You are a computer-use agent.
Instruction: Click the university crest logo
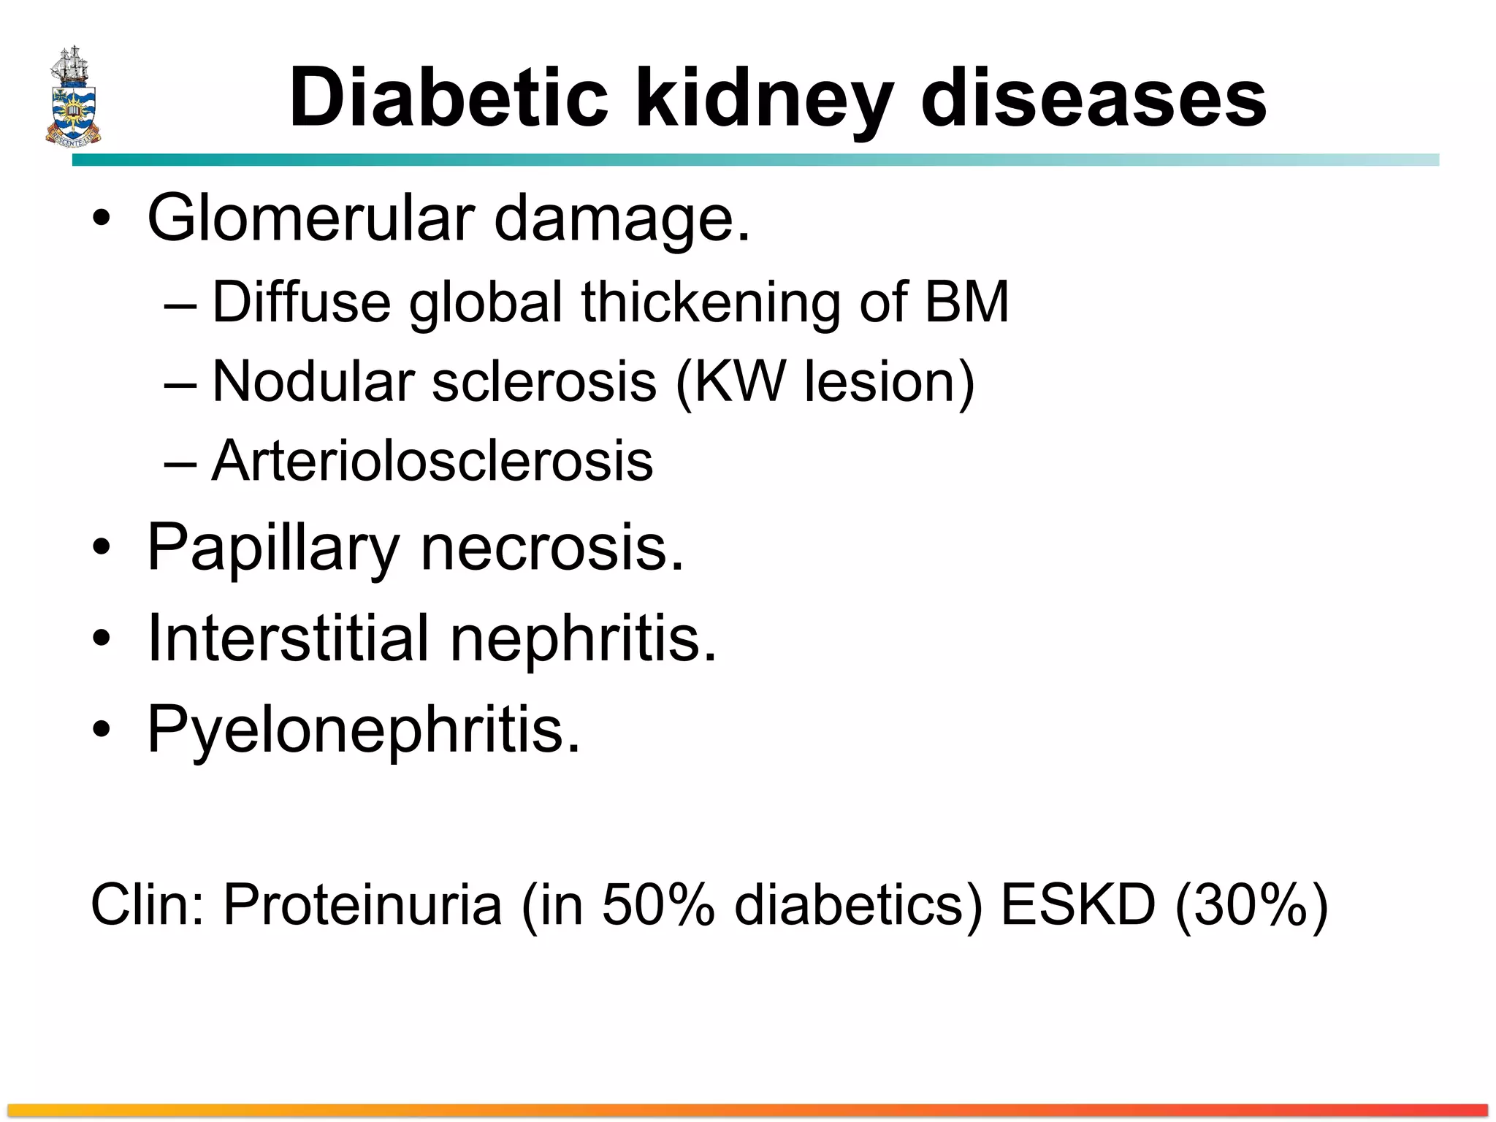73,96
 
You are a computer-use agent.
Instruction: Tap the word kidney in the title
765,101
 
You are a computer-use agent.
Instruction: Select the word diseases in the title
1094,98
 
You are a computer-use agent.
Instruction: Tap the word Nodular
313,381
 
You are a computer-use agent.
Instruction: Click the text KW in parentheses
739,381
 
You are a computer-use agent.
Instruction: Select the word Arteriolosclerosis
432,461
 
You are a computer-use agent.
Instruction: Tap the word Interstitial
288,638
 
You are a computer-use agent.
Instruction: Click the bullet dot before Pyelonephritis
102,728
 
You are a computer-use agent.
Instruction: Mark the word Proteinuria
362,904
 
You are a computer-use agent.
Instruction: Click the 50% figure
657,904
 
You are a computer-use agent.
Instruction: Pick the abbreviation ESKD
1078,904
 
